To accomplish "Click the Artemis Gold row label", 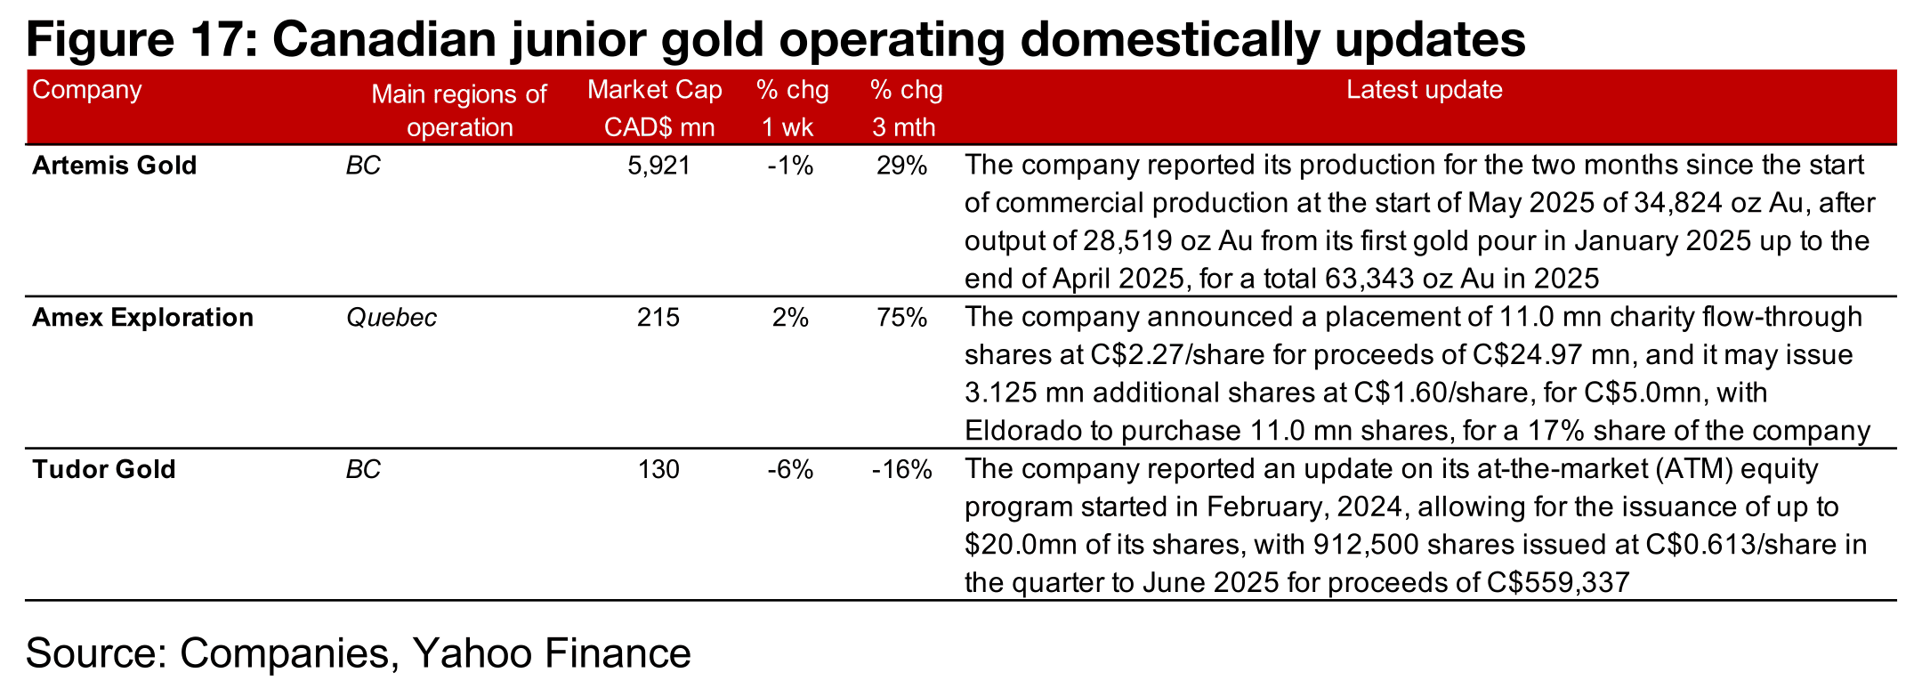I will tap(114, 166).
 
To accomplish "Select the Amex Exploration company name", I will tap(142, 318).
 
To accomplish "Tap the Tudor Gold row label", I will tap(103, 469).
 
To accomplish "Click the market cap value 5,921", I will tap(658, 166).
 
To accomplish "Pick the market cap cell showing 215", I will tap(658, 318).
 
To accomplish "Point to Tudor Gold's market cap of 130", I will tap(658, 469).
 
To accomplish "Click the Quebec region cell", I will tap(392, 318).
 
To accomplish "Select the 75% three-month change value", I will tap(901, 318).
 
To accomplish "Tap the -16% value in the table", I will tap(901, 469).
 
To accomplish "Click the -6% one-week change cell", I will tap(790, 469).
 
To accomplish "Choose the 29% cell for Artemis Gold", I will tap(901, 166).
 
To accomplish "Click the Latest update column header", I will tap(1424, 90).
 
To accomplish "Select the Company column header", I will tap(87, 90).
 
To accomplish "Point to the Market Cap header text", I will tap(655, 90).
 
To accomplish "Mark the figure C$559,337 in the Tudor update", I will tap(1558, 583).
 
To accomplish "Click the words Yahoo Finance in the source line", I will tap(552, 652).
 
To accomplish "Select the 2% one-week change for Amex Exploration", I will tap(790, 318).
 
